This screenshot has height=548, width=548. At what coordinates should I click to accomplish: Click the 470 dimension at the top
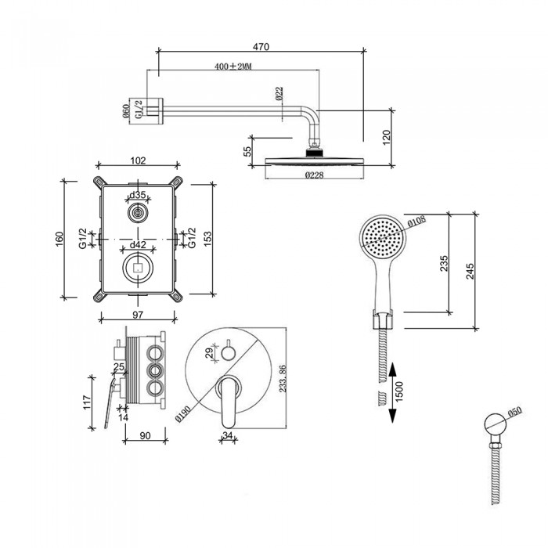tap(261, 47)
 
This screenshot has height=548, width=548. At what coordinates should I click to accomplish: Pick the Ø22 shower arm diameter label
tap(279, 95)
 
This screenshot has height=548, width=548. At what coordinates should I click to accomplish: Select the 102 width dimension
tap(138, 161)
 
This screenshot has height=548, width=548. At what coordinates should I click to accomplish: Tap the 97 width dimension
tap(137, 314)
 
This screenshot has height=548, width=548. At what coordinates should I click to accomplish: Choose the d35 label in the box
tap(138, 196)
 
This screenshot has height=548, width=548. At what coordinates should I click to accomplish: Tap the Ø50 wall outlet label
tap(515, 409)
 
